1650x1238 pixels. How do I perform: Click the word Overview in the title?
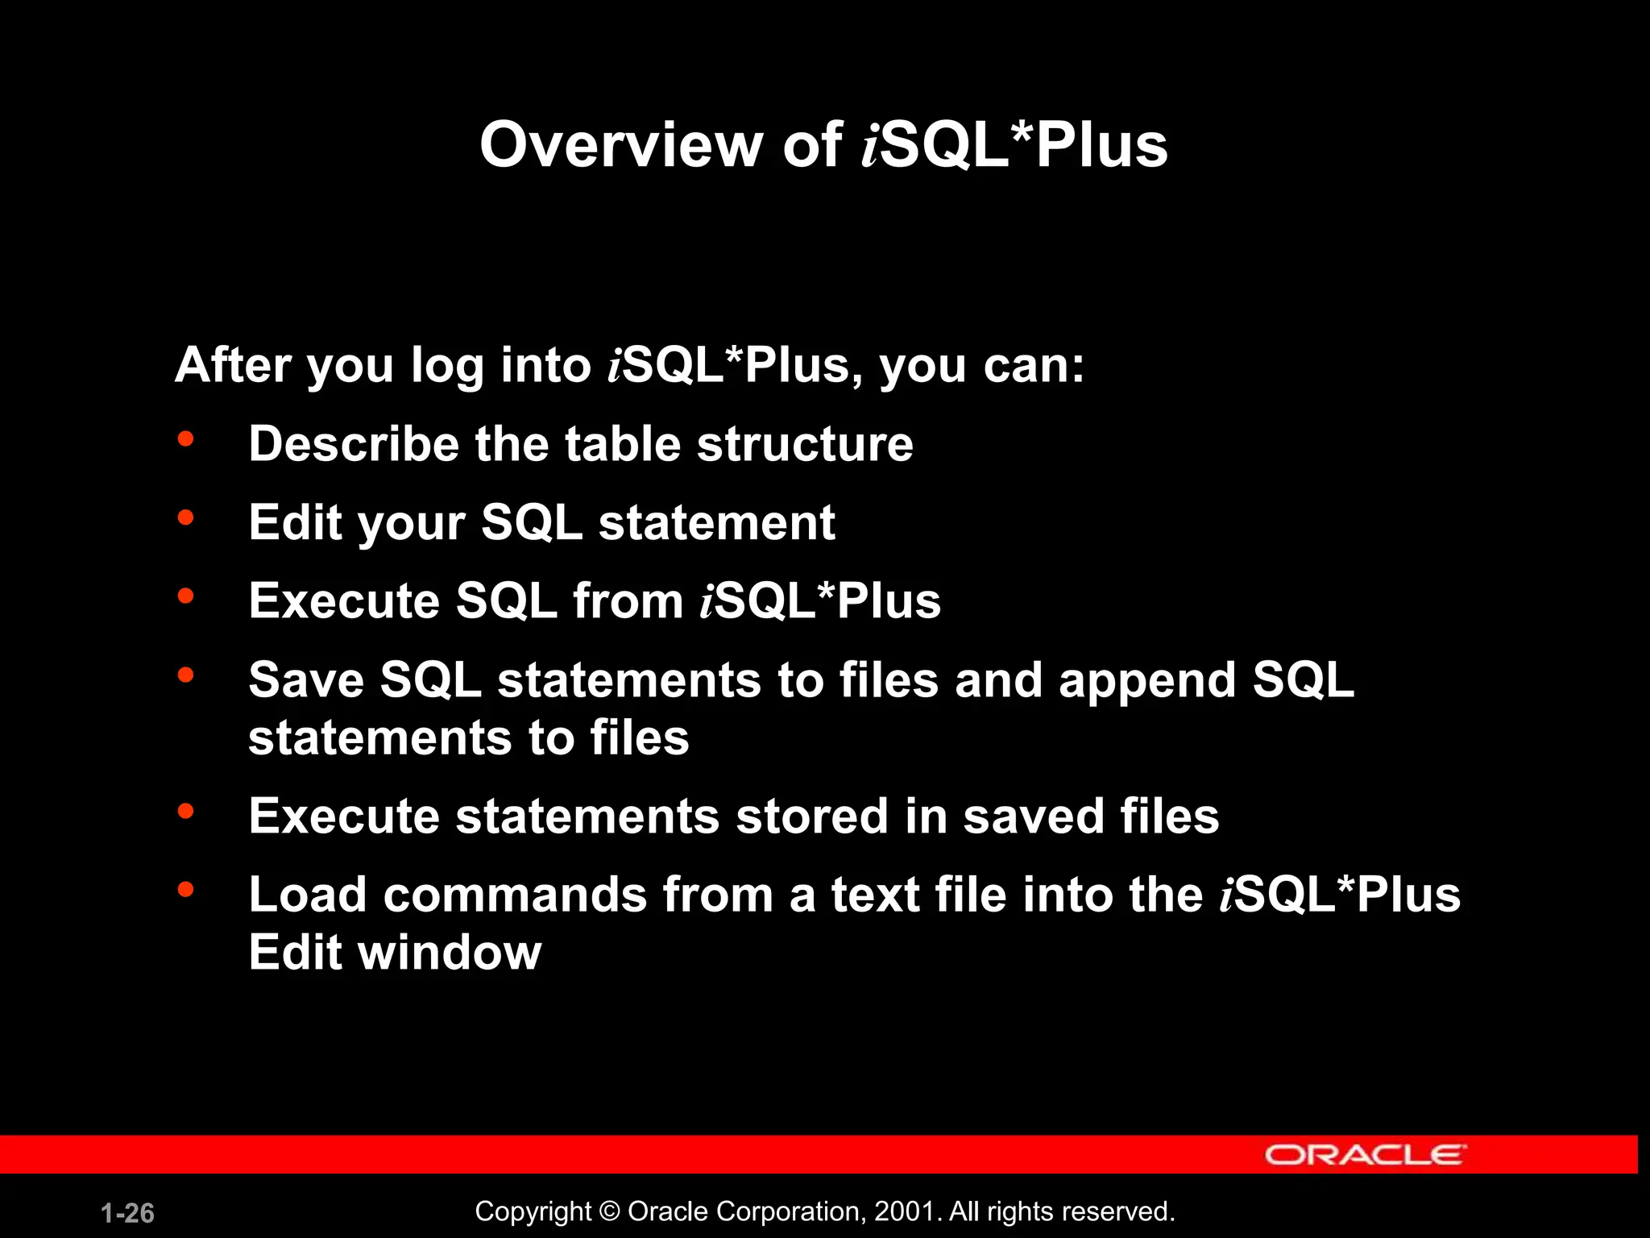point(620,145)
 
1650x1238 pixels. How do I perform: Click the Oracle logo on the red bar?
point(1365,1155)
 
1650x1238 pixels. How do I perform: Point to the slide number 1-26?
point(127,1213)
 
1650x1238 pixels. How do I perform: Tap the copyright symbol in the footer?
point(610,1211)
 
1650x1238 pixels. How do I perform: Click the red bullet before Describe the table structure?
point(186,439)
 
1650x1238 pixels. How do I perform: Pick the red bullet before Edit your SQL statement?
point(186,517)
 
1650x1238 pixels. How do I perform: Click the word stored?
point(812,816)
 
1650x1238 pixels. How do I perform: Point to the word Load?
point(307,895)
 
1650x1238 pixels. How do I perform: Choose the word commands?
point(515,895)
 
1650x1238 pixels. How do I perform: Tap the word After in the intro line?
point(233,365)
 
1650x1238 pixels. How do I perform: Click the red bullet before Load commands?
point(186,890)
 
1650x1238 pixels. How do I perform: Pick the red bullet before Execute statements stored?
point(186,812)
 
